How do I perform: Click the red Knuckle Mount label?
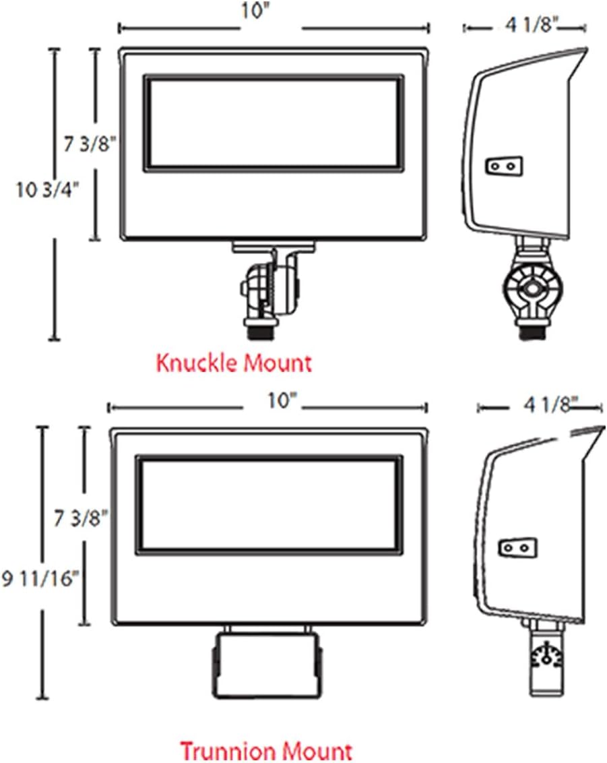point(234,363)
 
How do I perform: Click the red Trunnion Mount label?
point(266,750)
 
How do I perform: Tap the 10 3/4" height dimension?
point(46,189)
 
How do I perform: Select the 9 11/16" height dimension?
point(40,578)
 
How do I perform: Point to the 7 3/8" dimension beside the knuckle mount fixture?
point(90,144)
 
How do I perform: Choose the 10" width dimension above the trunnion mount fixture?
point(282,401)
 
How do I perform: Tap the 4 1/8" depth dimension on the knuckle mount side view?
point(531,25)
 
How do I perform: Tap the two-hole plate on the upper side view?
point(504,166)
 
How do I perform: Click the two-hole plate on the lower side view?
point(518,547)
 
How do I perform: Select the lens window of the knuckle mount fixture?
point(274,123)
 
